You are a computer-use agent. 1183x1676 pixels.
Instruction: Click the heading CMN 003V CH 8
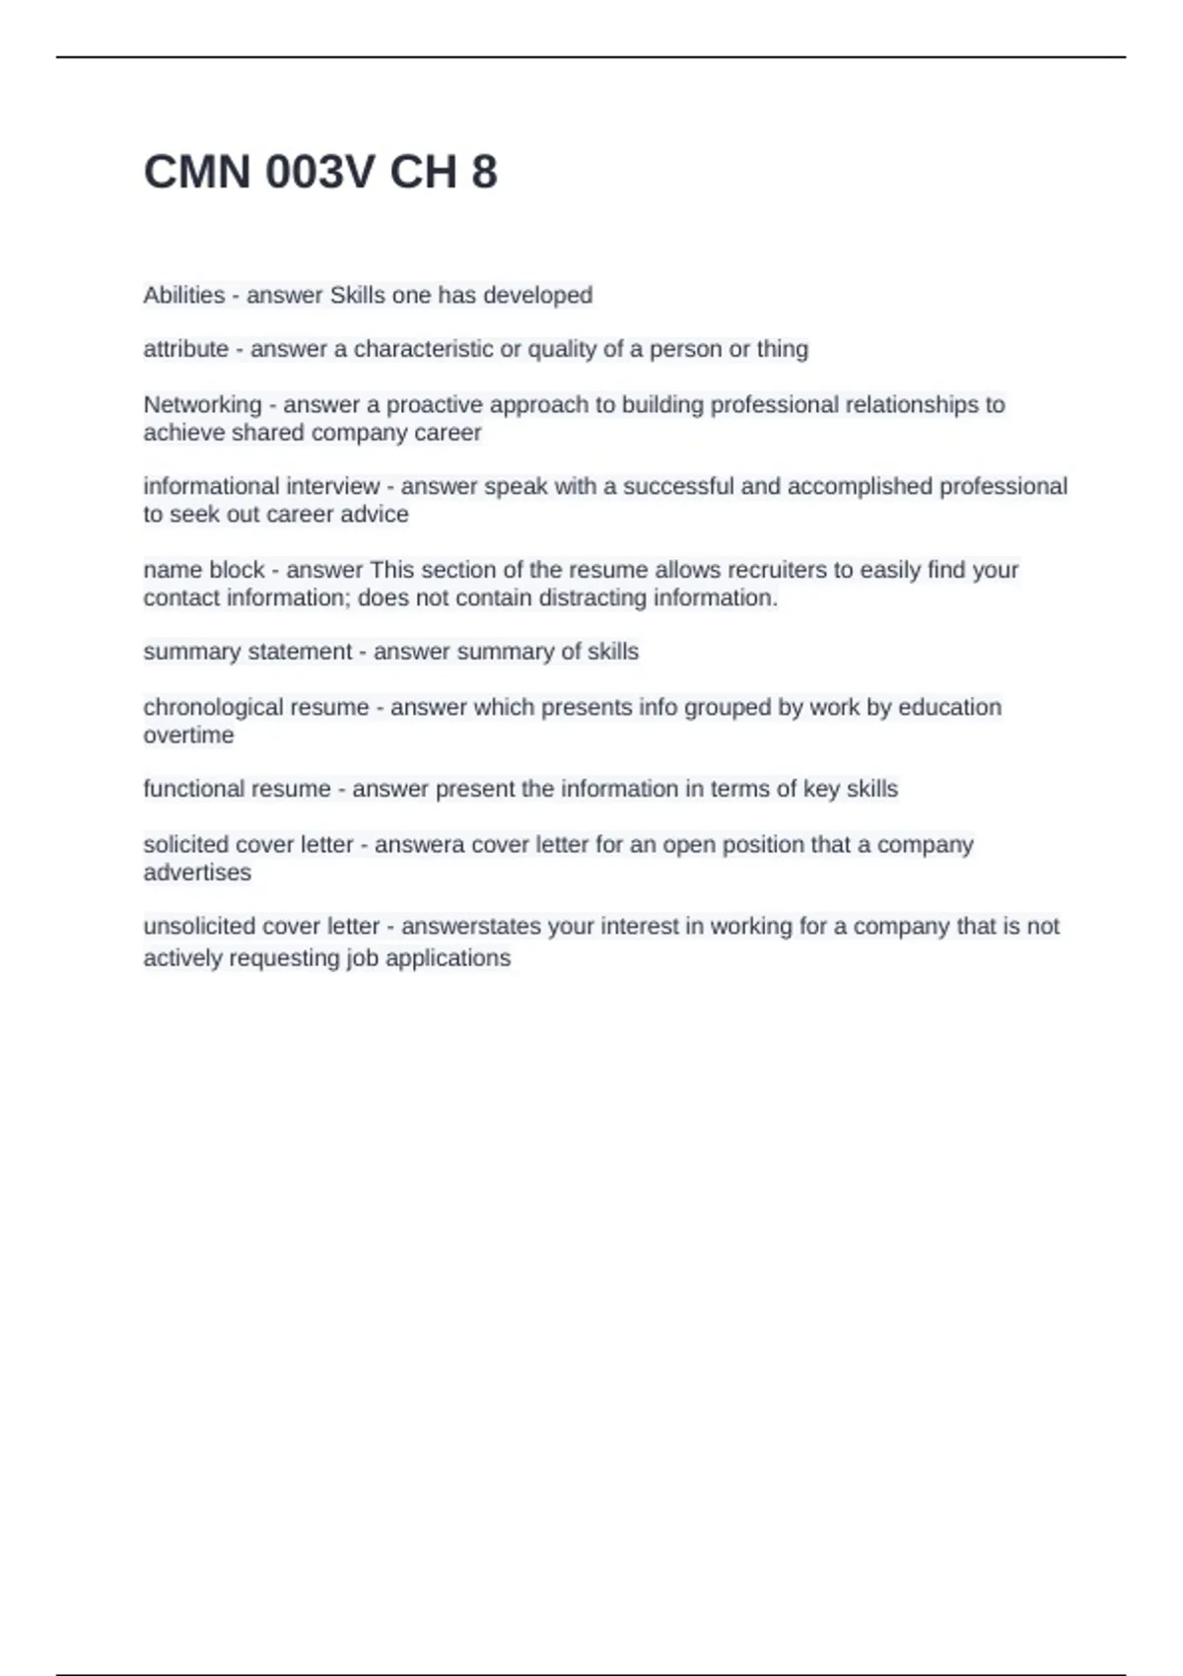(x=320, y=173)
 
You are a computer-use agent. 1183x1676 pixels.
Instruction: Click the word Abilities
(x=184, y=295)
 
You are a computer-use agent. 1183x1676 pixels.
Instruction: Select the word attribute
(x=186, y=349)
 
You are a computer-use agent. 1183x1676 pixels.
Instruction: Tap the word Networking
(x=202, y=404)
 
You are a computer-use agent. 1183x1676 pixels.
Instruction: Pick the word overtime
(x=188, y=734)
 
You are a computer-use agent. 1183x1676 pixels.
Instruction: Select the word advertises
(x=197, y=872)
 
